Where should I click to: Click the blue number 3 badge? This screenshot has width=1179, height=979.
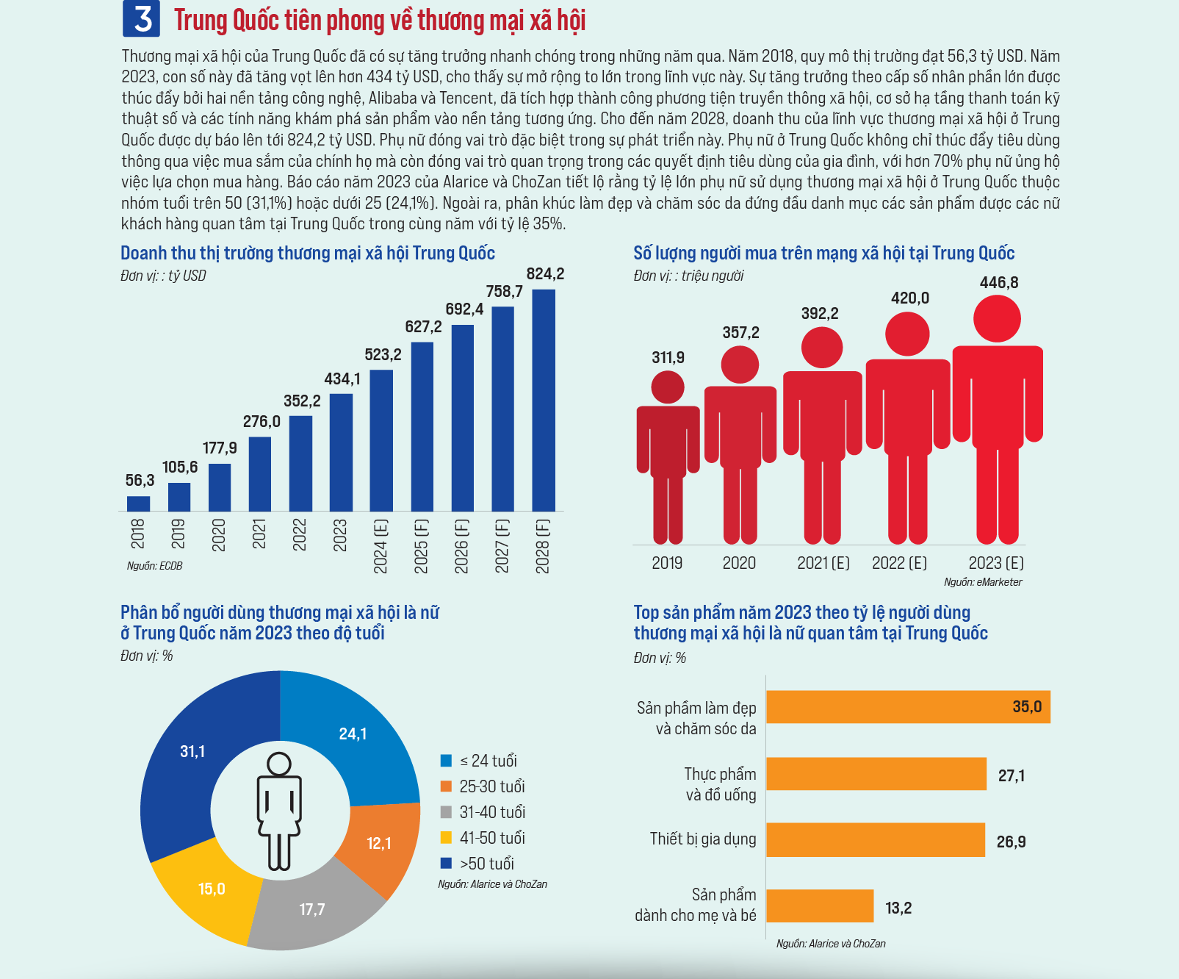tap(141, 18)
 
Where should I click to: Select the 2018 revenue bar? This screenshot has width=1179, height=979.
tap(138, 503)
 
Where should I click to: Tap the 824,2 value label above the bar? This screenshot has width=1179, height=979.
tap(545, 274)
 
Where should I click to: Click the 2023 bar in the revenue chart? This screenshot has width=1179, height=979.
tap(341, 453)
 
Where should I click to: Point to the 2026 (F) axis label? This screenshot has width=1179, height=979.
tap(461, 546)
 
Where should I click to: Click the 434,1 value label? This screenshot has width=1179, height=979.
tap(342, 379)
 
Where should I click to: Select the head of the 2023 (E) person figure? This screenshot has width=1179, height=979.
tap(997, 319)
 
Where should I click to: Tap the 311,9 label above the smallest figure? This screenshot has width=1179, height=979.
tap(668, 358)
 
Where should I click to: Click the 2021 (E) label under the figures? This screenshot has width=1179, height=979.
tap(823, 563)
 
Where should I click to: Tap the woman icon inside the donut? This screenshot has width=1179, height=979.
tap(279, 811)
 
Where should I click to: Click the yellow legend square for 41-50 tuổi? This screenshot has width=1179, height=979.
tap(446, 838)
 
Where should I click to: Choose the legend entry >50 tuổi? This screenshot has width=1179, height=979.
tap(477, 864)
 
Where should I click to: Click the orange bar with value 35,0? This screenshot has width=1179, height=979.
tap(908, 707)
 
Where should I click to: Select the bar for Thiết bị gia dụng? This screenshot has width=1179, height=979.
tap(876, 840)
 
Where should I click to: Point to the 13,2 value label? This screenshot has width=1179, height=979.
tap(898, 908)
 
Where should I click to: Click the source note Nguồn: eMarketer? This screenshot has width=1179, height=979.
tap(983, 582)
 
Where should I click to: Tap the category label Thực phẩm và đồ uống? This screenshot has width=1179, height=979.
tap(720, 784)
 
